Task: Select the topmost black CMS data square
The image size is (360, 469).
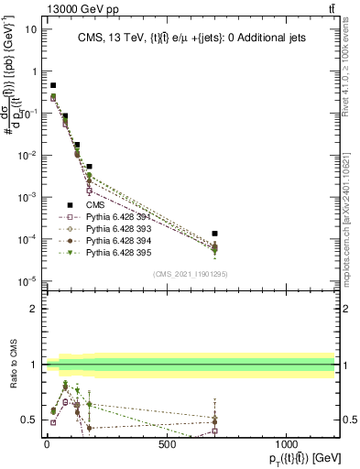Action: pyautogui.click(x=53, y=85)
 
